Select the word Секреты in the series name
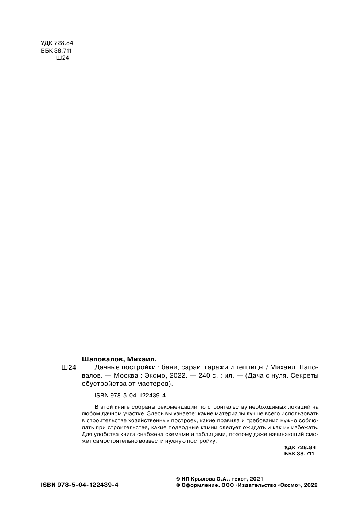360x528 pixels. (305, 376)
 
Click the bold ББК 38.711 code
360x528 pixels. (299, 454)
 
